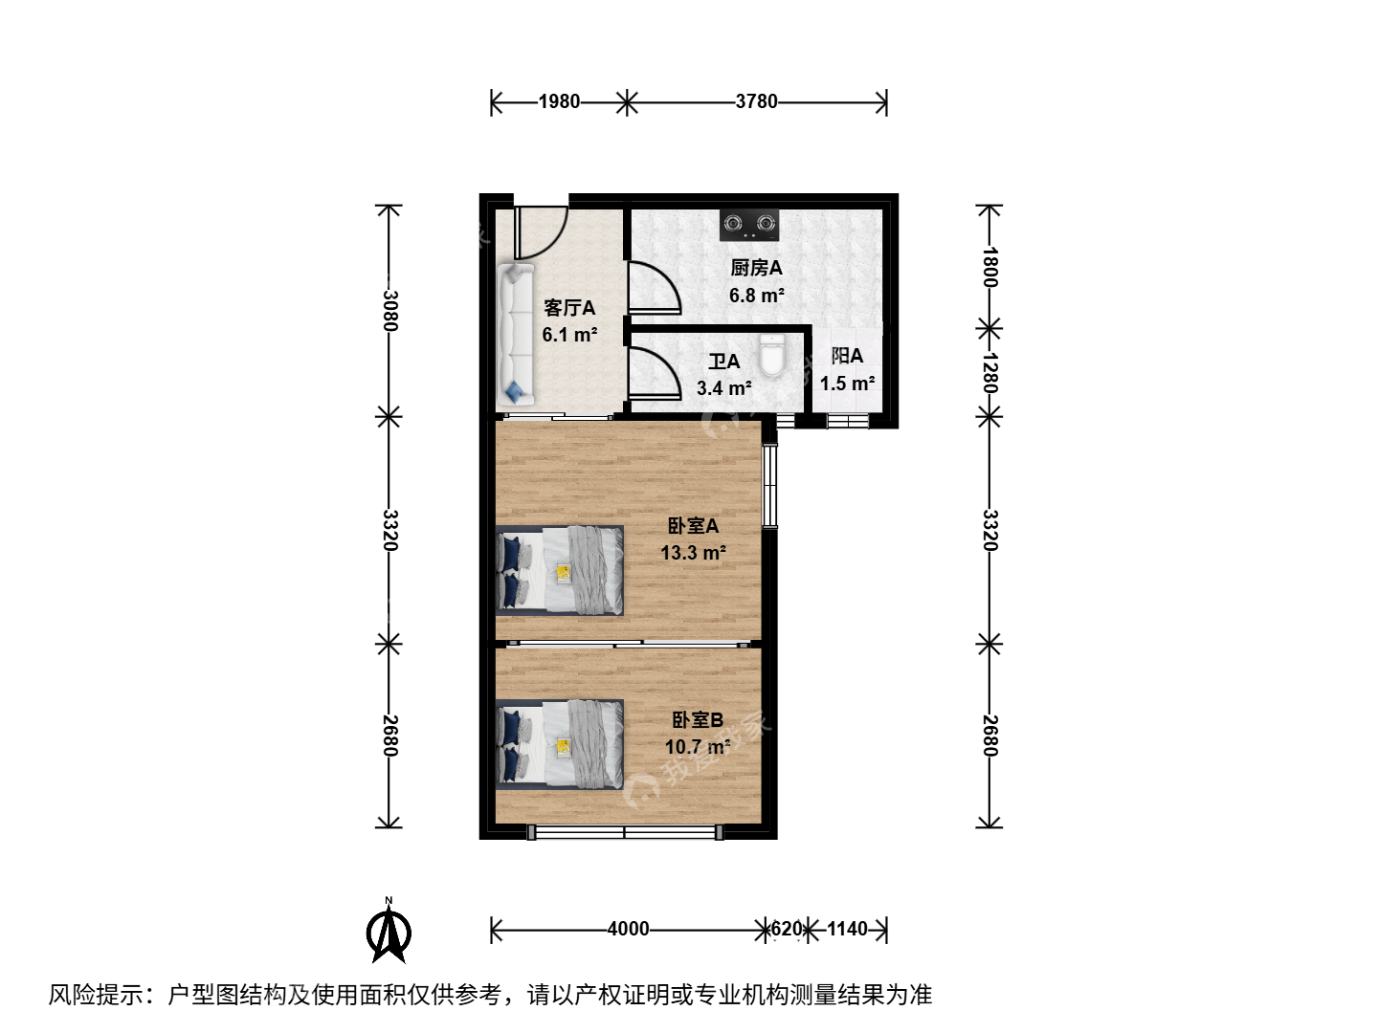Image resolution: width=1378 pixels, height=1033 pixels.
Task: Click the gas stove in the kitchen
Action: click(x=749, y=225)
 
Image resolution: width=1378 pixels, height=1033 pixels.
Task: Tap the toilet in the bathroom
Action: click(x=771, y=355)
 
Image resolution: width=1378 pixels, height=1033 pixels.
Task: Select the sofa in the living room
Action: click(x=516, y=335)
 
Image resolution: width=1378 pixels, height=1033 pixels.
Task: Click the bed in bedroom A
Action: click(x=560, y=570)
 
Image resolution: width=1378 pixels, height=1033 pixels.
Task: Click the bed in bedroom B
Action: click(x=560, y=744)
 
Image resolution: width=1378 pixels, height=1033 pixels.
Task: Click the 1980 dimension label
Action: click(x=559, y=101)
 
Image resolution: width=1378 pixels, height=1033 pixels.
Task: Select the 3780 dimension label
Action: click(x=756, y=101)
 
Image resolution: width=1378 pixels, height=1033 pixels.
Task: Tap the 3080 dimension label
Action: click(x=389, y=311)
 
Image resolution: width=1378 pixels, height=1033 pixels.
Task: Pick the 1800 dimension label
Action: click(x=990, y=267)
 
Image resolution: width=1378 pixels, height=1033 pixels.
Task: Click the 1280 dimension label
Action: click(x=990, y=372)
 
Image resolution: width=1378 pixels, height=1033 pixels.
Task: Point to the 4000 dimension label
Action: click(x=628, y=929)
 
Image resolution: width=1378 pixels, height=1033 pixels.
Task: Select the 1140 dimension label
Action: click(x=847, y=929)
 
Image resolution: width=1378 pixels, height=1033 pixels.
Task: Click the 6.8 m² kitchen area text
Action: click(x=757, y=296)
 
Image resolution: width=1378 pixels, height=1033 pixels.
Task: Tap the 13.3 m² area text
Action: click(x=693, y=553)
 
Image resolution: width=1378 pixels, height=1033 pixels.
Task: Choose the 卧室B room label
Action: click(x=698, y=720)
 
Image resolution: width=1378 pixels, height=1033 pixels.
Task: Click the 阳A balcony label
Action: click(x=847, y=356)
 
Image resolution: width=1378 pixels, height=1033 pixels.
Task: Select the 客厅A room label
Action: click(x=569, y=308)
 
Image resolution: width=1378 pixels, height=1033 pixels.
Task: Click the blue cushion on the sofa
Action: click(x=516, y=392)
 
